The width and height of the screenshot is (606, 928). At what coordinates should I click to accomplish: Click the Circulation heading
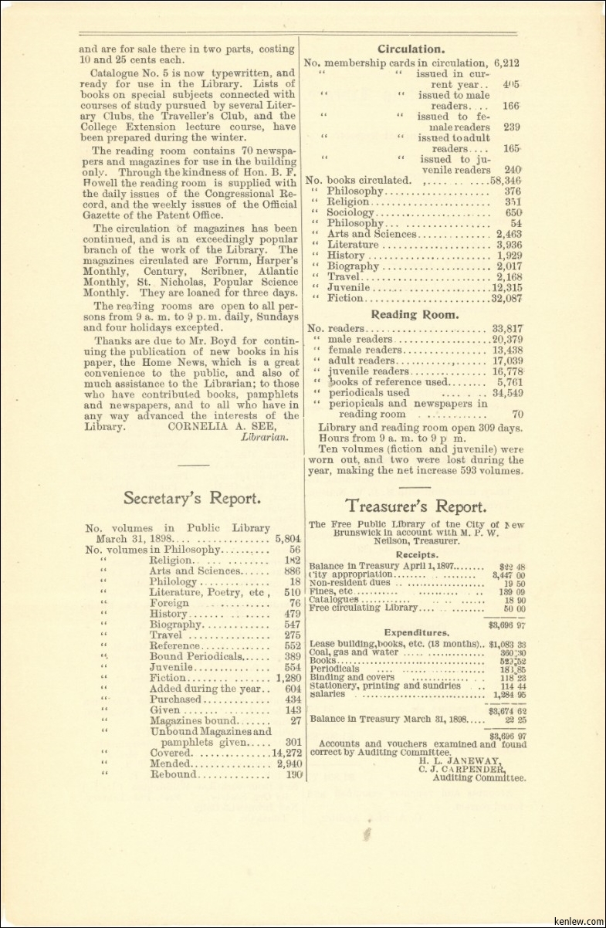click(x=411, y=49)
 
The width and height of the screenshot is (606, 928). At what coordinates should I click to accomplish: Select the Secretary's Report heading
click(x=191, y=498)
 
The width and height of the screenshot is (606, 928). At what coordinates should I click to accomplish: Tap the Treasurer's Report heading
click(x=416, y=506)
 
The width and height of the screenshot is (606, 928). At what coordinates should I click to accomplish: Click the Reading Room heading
click(x=415, y=314)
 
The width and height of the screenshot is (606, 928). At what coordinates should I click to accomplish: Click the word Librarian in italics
click(x=265, y=436)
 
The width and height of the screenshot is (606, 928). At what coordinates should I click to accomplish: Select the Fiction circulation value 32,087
click(x=506, y=298)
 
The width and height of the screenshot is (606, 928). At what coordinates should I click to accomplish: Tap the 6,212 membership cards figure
click(x=506, y=63)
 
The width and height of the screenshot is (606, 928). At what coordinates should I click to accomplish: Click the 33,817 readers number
click(x=506, y=328)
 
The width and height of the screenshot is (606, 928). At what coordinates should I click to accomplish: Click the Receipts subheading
click(x=417, y=554)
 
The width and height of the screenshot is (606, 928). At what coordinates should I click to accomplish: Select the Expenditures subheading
click(x=417, y=632)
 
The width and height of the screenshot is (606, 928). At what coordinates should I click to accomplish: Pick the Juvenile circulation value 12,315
click(x=506, y=287)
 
